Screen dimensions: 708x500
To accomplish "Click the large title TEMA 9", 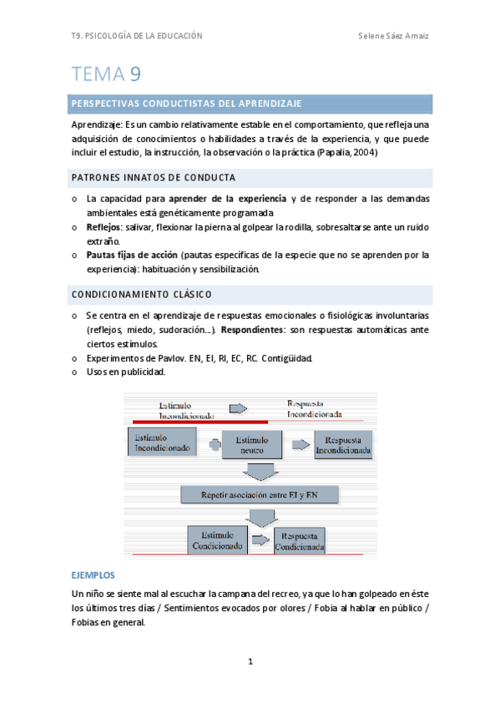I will pos(106,74).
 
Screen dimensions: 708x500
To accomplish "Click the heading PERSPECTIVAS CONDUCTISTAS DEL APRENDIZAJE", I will pos(186,104).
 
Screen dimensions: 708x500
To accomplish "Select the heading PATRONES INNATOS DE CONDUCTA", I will pos(154,178).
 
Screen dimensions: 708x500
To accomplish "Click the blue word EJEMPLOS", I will pos(93,576).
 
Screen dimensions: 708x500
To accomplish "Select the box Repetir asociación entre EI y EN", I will pos(260,495).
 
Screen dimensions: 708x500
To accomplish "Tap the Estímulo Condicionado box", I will pos(218,540).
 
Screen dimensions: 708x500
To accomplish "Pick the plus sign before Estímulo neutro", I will pos(215,446).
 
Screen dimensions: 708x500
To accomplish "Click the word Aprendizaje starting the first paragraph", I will pos(97,124).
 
